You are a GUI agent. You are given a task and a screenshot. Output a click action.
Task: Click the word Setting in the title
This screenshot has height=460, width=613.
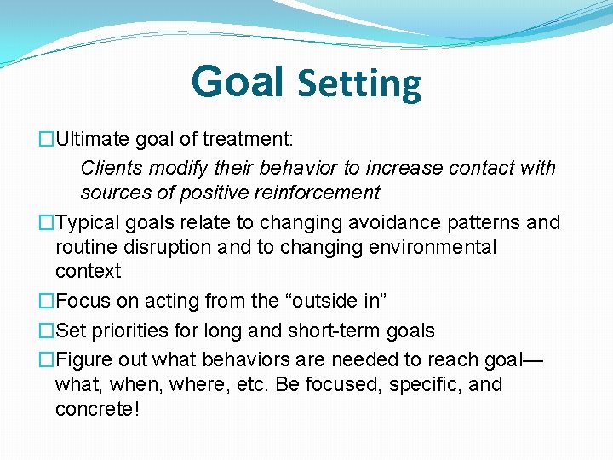point(358,84)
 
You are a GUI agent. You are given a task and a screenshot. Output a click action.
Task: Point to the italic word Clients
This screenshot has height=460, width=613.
point(110,168)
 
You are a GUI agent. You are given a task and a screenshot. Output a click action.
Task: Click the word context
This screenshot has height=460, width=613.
point(88,272)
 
